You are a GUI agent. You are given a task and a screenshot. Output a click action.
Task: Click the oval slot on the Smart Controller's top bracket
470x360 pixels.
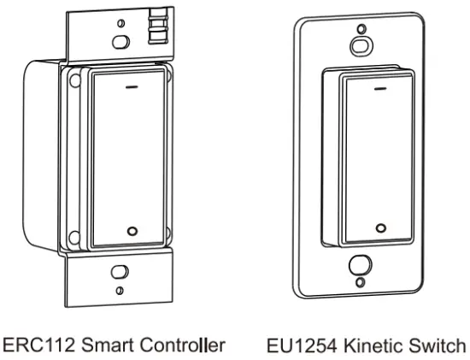pos(120,40)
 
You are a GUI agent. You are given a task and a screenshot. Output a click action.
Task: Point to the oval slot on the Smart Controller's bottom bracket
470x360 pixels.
pos(120,274)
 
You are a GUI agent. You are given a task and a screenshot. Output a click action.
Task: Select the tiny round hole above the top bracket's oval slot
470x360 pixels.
pos(120,22)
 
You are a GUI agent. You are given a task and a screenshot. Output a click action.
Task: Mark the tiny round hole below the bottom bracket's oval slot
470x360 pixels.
pos(120,292)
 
